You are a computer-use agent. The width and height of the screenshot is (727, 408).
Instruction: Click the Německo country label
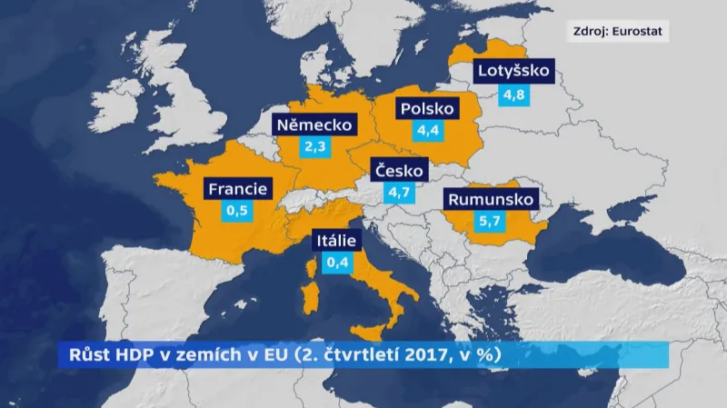click(x=314, y=124)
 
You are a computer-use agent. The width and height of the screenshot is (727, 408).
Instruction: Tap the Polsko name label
click(x=426, y=109)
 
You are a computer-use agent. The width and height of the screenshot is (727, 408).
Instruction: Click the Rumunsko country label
click(x=491, y=200)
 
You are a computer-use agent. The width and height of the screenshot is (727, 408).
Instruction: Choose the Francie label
click(x=237, y=189)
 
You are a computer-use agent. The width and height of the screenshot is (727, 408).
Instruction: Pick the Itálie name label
click(x=337, y=241)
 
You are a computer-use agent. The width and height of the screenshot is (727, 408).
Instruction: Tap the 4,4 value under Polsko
click(x=427, y=132)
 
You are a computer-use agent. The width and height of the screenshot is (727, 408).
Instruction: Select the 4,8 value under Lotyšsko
click(x=513, y=95)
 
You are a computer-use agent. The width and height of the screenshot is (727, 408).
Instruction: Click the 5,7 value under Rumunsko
click(x=491, y=223)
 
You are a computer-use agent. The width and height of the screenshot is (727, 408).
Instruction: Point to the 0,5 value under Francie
click(x=237, y=212)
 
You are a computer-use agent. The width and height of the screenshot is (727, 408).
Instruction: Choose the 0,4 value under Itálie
click(x=337, y=264)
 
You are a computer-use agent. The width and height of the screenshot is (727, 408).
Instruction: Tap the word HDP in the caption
click(x=119, y=354)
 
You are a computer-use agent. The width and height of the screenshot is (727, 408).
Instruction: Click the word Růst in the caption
click(x=76, y=354)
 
